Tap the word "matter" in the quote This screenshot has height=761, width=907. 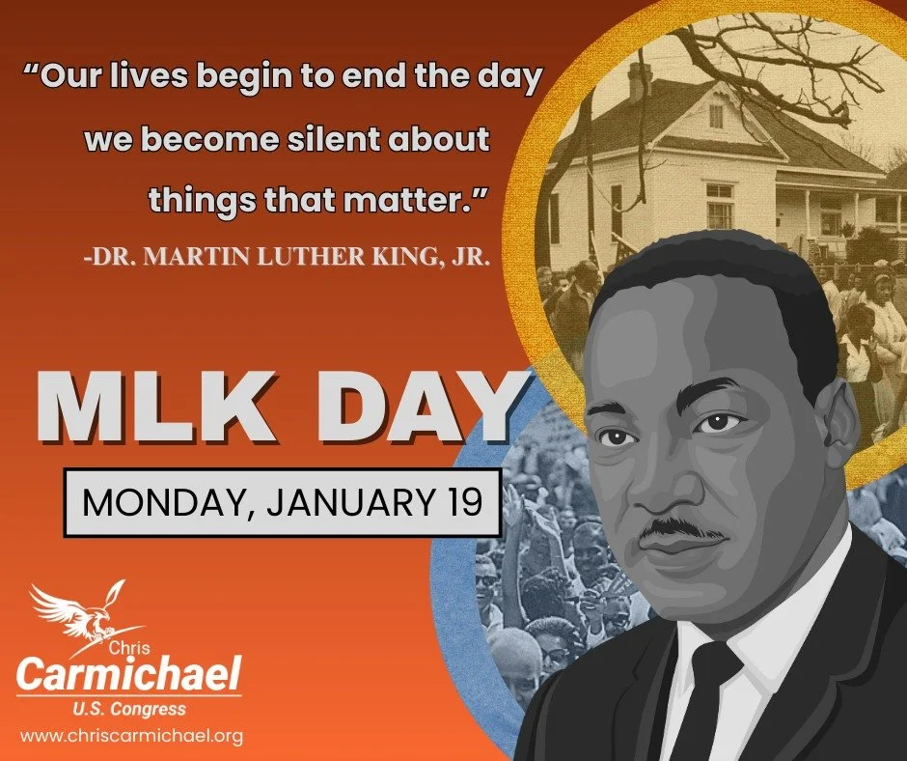pos(420,201)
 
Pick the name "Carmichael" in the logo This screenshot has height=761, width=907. pos(129,673)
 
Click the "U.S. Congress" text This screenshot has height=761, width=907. pos(129,710)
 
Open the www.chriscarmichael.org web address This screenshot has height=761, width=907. pos(131,736)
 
